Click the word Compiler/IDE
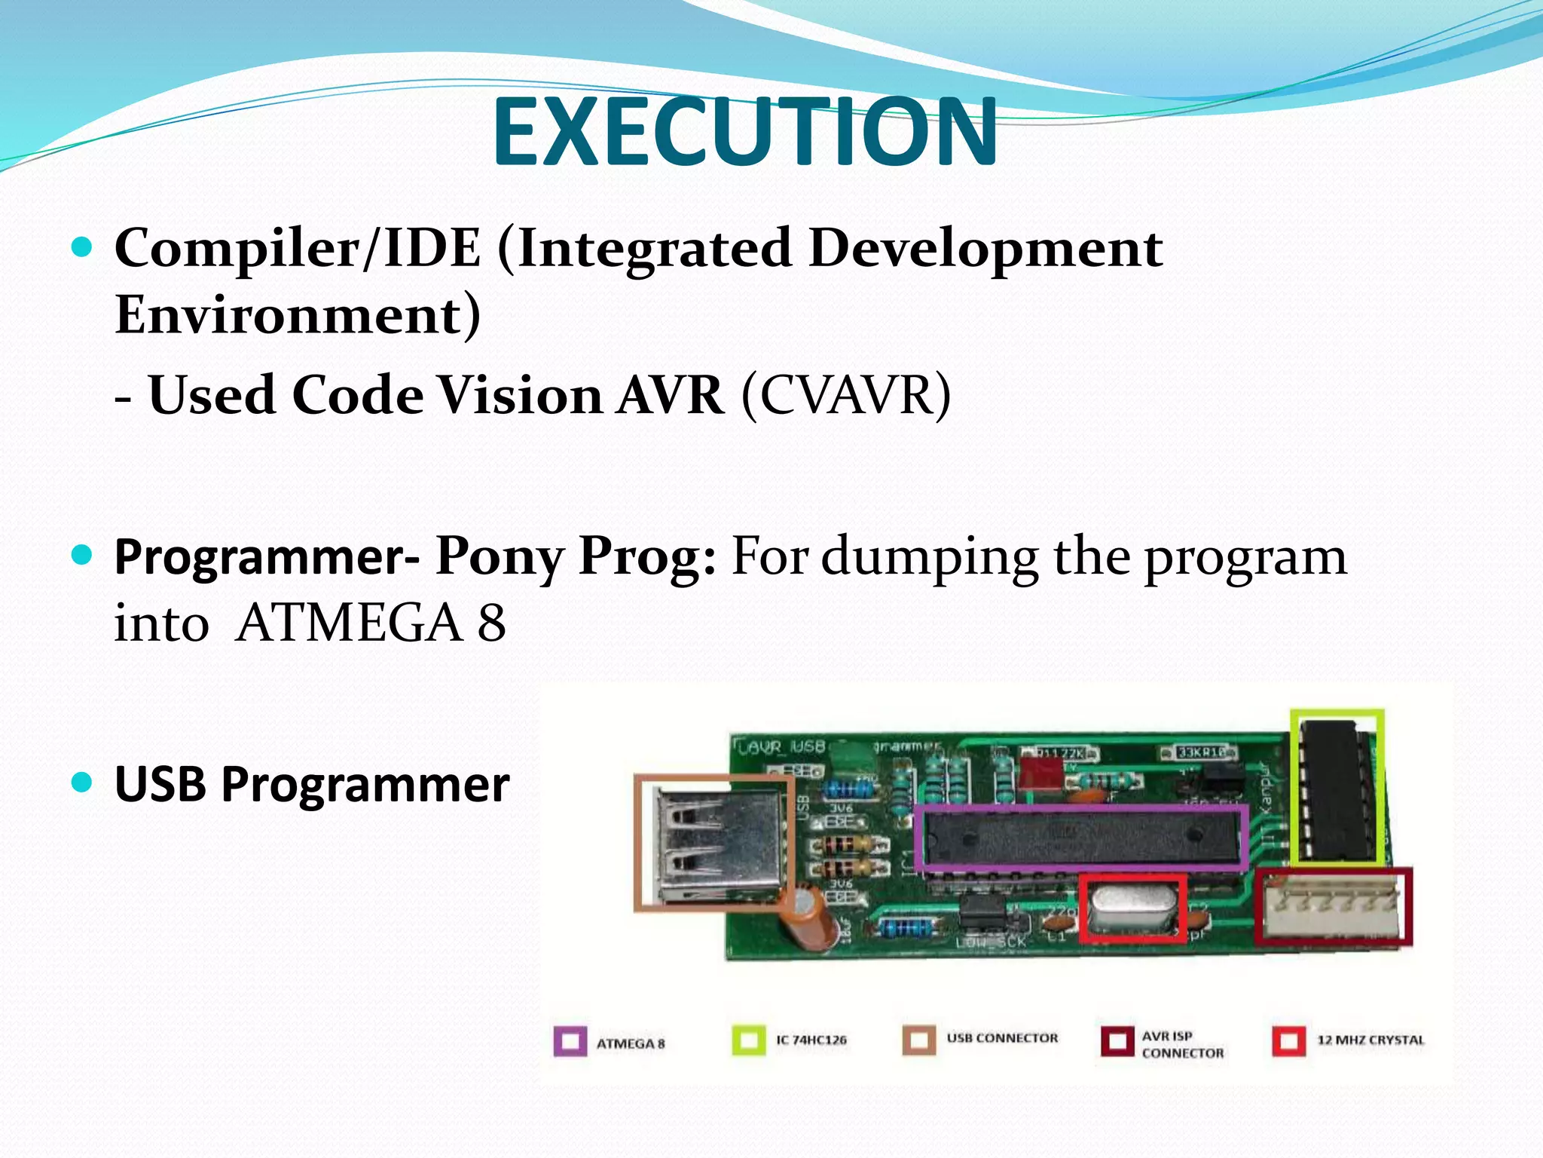pyautogui.click(x=297, y=248)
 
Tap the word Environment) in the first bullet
pyautogui.click(x=297, y=314)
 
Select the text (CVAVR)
pyautogui.click(x=845, y=394)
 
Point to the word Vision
pyautogui.click(x=519, y=394)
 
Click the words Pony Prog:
pyautogui.click(x=576, y=556)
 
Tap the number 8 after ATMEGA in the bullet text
pyautogui.click(x=491, y=623)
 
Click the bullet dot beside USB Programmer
pyautogui.click(x=81, y=782)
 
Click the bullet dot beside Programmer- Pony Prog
pyautogui.click(x=81, y=556)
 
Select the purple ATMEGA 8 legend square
pyautogui.click(x=570, y=1041)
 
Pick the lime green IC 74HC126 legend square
pyautogui.click(x=749, y=1040)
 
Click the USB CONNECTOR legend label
pyautogui.click(x=1001, y=1038)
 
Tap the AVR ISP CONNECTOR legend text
pyautogui.click(x=1181, y=1045)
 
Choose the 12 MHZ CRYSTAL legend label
pyautogui.click(x=1370, y=1040)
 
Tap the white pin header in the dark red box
pyautogui.click(x=1334, y=907)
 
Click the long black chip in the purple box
pyautogui.click(x=1081, y=837)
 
